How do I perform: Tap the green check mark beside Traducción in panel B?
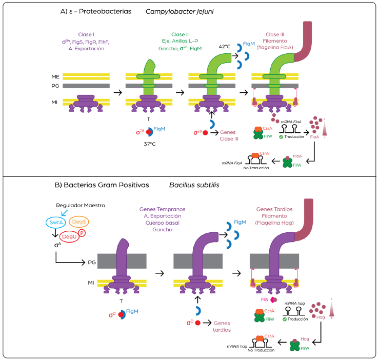pos(290,318)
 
